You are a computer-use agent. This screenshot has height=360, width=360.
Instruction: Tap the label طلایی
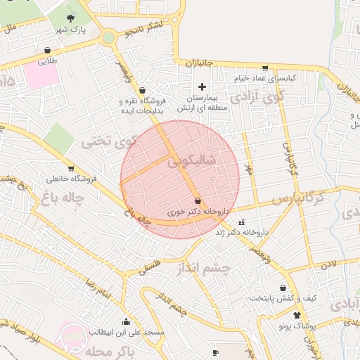click(x=46, y=61)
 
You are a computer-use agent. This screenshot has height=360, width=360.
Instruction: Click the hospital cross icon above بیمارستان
click(x=202, y=86)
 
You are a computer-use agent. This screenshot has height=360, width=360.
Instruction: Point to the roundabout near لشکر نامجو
click(x=108, y=37)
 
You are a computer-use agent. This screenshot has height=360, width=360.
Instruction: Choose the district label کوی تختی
click(x=107, y=142)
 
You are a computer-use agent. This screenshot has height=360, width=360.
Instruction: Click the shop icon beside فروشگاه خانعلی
click(x=70, y=168)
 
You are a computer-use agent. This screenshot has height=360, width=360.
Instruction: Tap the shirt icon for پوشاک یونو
click(x=297, y=315)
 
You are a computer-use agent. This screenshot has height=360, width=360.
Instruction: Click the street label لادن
click(x=331, y=265)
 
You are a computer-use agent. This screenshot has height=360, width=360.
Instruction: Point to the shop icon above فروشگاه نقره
click(x=143, y=90)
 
